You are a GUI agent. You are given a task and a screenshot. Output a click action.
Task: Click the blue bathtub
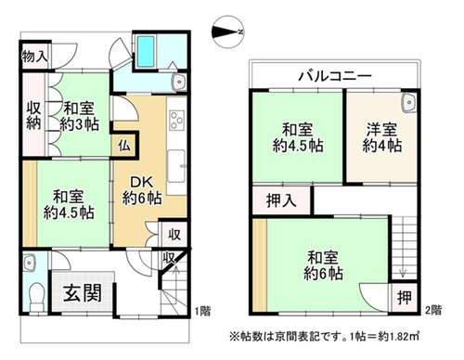pos(146,51)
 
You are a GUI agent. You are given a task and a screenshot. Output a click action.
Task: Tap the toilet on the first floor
pos(37,297)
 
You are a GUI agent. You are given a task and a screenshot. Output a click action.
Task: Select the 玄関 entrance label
pos(83,293)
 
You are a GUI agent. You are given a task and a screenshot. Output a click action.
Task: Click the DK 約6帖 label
pos(142,190)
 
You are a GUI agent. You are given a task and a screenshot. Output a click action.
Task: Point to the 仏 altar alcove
pos(124,146)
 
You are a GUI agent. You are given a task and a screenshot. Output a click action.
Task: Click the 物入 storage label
pos(34,57)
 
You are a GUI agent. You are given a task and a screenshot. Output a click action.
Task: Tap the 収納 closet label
pos(33,116)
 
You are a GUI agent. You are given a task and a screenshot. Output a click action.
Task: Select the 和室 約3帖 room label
pos(79,117)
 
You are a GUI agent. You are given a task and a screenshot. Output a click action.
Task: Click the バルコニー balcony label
pos(335,76)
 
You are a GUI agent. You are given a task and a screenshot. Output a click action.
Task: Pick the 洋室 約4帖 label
pos(382,137)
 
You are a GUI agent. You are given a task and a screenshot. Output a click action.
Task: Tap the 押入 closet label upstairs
pos(281,200)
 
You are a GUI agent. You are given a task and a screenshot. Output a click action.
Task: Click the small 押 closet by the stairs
pos(405,298)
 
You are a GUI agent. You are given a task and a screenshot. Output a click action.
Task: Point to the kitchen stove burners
pos(177,120)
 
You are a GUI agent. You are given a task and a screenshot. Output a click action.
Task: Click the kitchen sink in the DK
pos(176,167)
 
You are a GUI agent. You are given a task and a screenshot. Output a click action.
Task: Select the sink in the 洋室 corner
pos(409,102)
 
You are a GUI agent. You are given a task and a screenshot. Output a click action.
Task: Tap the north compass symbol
pos(228,32)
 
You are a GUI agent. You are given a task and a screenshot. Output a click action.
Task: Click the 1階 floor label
pos(203,310)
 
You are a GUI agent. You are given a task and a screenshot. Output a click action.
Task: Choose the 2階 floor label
pos(433,310)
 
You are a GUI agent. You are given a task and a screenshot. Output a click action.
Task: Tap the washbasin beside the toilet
pos(30,263)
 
